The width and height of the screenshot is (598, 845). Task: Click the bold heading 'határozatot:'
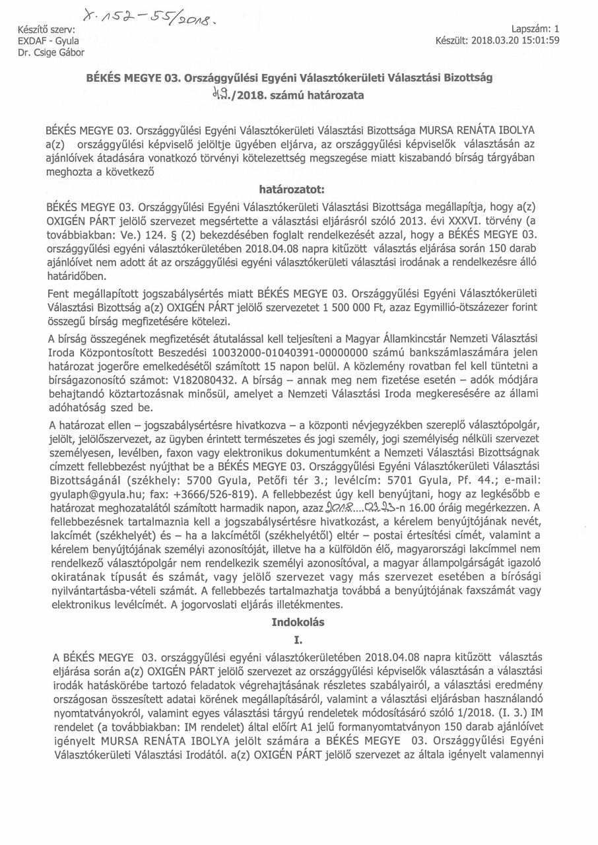291,189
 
